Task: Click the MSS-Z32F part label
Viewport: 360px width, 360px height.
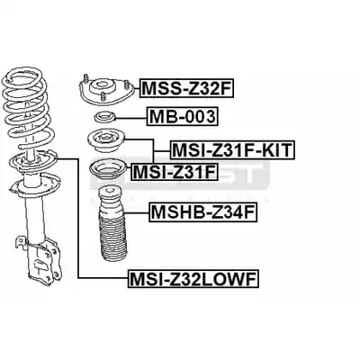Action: click(186, 88)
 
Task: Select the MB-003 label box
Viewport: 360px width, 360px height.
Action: click(183, 117)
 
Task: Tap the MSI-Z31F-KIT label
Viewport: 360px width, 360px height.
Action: click(232, 149)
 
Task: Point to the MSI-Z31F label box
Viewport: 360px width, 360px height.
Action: click(174, 172)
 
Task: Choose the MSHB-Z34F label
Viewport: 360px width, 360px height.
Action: click(203, 213)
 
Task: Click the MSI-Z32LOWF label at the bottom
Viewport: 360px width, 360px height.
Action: click(193, 279)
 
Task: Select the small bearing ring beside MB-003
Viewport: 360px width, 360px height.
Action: click(104, 117)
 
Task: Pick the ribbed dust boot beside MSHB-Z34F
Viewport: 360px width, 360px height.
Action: click(112, 224)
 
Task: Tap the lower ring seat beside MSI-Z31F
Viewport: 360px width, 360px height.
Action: click(108, 170)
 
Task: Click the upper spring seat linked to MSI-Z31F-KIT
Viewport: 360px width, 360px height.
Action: click(106, 141)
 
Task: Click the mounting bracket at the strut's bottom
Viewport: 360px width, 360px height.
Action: click(39, 259)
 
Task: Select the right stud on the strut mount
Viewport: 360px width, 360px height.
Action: click(127, 85)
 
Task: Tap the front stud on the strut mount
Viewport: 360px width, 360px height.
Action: click(103, 96)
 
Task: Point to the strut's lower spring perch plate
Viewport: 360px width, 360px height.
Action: click(34, 184)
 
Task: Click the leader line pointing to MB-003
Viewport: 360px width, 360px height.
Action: click(130, 119)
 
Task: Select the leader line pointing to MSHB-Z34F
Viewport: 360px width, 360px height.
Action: click(137, 212)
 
